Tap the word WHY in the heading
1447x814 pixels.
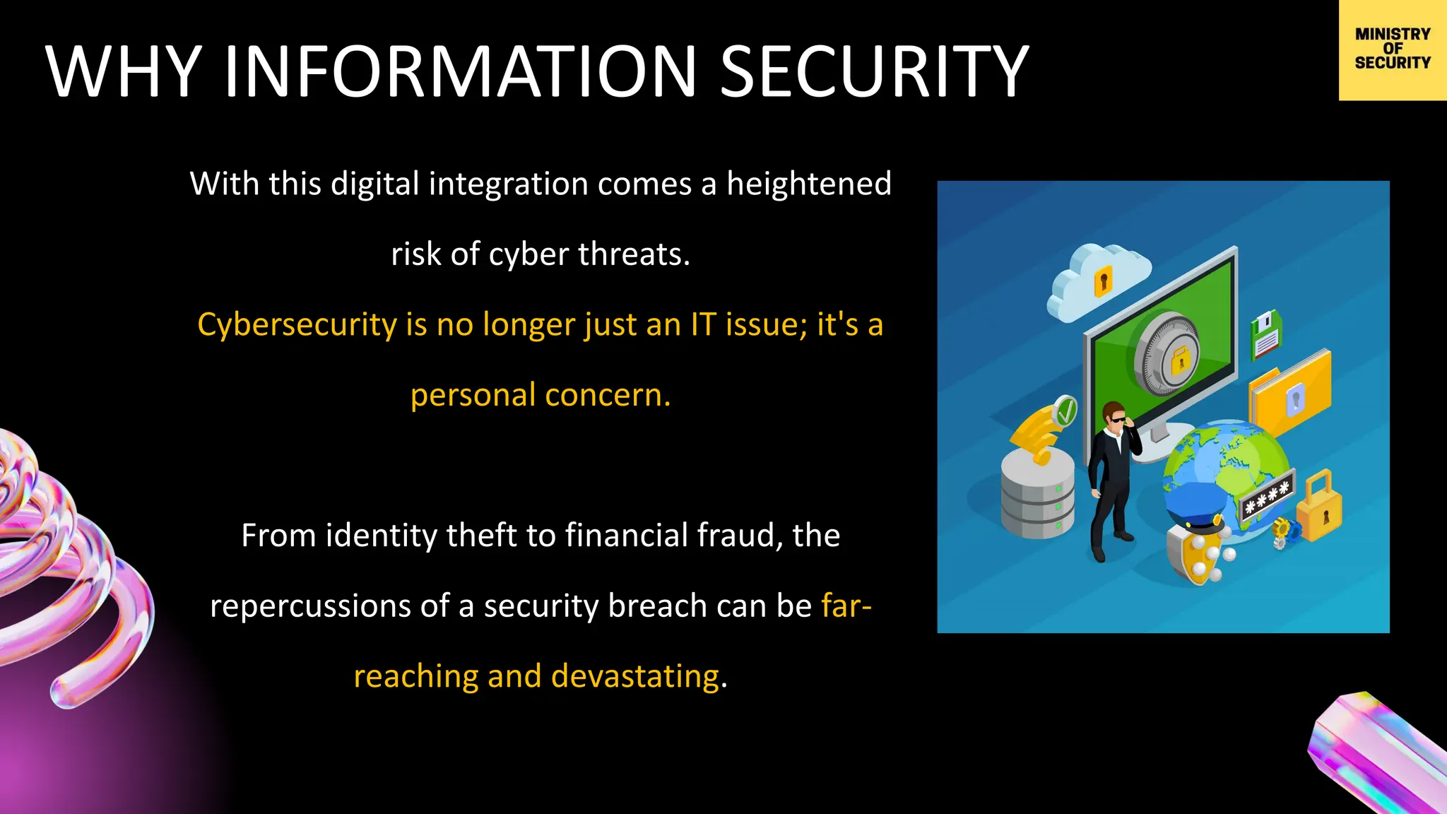point(124,71)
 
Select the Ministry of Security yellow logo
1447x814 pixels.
point(1392,49)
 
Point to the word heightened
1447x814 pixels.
point(809,184)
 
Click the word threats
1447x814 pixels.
point(633,254)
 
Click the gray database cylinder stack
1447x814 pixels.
point(1037,495)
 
